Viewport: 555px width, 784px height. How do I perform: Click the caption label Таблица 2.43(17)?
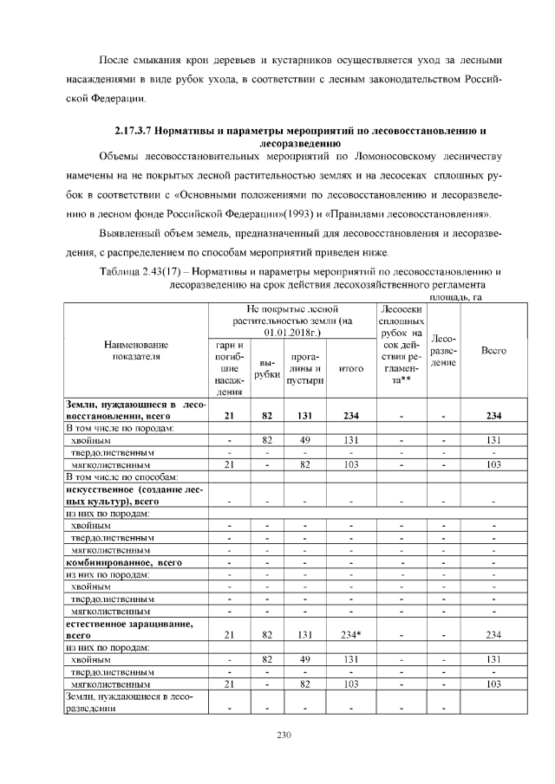point(149,272)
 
